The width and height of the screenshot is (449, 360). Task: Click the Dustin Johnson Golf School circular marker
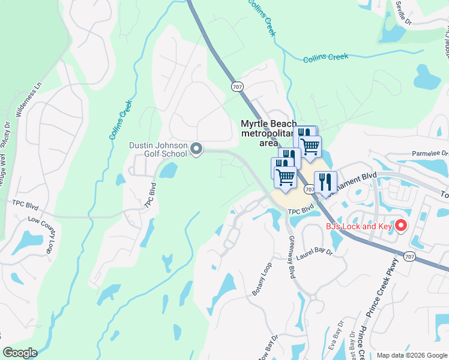click(x=196, y=148)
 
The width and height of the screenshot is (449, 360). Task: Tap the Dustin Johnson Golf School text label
click(x=158, y=149)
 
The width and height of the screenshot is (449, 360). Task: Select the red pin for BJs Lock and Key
click(x=400, y=226)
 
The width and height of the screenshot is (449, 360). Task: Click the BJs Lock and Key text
click(x=358, y=226)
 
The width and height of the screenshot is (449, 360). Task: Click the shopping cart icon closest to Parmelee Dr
click(x=310, y=146)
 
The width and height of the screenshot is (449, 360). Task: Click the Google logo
click(x=20, y=353)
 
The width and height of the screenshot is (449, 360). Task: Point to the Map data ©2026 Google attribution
click(x=411, y=355)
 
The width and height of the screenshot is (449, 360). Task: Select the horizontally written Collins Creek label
click(x=325, y=58)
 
